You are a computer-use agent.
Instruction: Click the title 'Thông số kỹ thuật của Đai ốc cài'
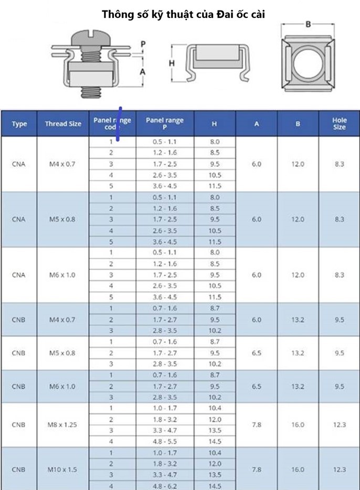point(183,15)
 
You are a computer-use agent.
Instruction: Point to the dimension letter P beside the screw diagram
point(143,44)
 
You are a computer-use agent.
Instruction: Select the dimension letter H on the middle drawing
point(172,63)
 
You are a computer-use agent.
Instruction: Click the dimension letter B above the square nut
point(308,24)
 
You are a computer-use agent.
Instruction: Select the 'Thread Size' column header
point(63,124)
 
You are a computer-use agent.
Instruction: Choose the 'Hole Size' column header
point(339,124)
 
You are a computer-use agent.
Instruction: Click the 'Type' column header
point(19,124)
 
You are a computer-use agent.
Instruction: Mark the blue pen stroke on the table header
point(120,124)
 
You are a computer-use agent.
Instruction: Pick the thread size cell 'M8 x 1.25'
point(63,424)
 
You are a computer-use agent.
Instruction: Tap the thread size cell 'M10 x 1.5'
point(63,470)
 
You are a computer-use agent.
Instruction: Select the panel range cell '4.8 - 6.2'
point(165,486)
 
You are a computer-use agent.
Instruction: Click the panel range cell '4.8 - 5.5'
point(165,441)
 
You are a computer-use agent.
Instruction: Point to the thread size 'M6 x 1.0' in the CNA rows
point(63,275)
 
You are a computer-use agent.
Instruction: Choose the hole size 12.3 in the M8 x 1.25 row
point(339,424)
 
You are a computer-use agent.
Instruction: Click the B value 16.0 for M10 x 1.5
point(298,470)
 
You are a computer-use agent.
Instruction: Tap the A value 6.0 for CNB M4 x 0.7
point(256,319)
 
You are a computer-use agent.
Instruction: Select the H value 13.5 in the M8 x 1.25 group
point(215,430)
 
